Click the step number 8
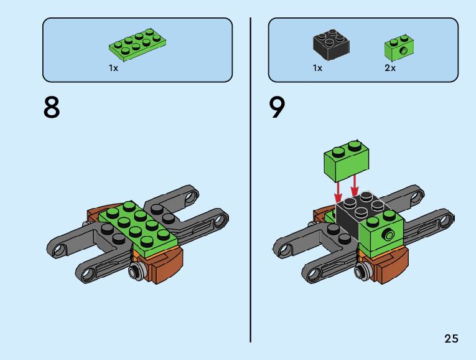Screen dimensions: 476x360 (52, 107)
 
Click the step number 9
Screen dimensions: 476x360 (278, 107)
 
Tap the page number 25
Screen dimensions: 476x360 (451, 339)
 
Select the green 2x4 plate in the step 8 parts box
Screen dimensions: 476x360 (138, 46)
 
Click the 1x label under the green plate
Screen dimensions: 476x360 (113, 69)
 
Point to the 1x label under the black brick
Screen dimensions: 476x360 (317, 69)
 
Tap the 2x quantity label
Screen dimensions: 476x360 (390, 69)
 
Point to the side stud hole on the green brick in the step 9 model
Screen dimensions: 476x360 (388, 235)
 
